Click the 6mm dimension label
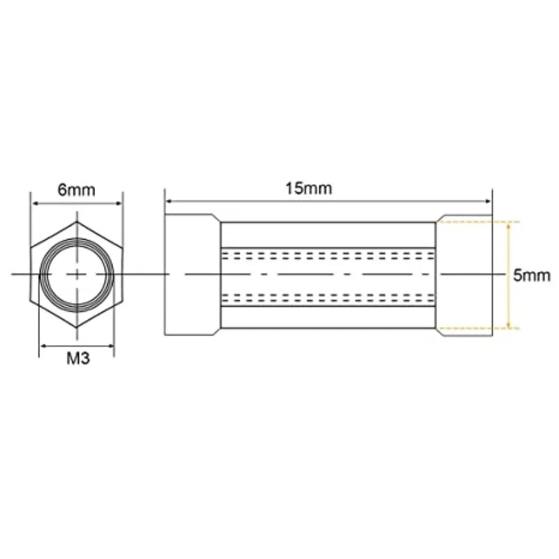pyautogui.click(x=76, y=191)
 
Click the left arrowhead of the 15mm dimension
pyautogui.click(x=168, y=202)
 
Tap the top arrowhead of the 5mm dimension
pyautogui.click(x=508, y=225)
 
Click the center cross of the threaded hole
pyautogui.click(x=76, y=275)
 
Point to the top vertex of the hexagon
pyautogui.click(x=76, y=221)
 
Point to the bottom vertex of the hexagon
pyautogui.click(x=76, y=328)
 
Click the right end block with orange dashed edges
pyautogui.click(x=465, y=275)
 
